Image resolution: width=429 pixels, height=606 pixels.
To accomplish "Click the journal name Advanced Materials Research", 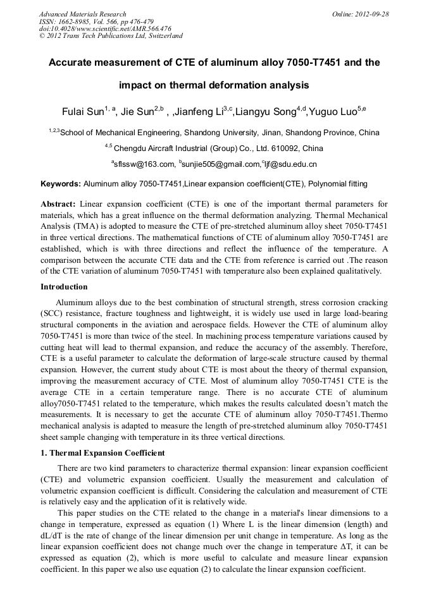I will [82, 14].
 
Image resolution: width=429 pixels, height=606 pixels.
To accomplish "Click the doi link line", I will [105, 28].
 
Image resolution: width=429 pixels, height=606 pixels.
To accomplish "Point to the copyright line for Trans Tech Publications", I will [111, 36].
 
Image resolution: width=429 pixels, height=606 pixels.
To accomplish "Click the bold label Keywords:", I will [61, 184].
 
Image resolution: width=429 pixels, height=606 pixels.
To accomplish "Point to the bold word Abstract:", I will [58, 204].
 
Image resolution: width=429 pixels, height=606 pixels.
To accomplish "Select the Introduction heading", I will [63, 286].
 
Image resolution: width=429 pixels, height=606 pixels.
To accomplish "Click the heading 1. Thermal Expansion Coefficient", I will [103, 453].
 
